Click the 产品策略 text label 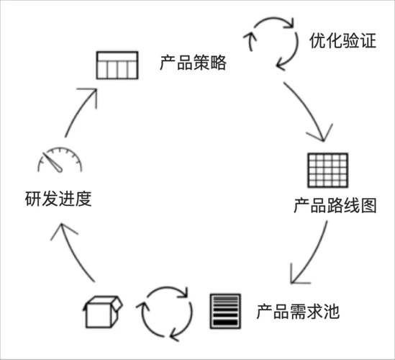click(x=193, y=63)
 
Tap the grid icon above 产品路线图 click(x=327, y=171)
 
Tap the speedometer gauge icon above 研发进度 click(x=58, y=161)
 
